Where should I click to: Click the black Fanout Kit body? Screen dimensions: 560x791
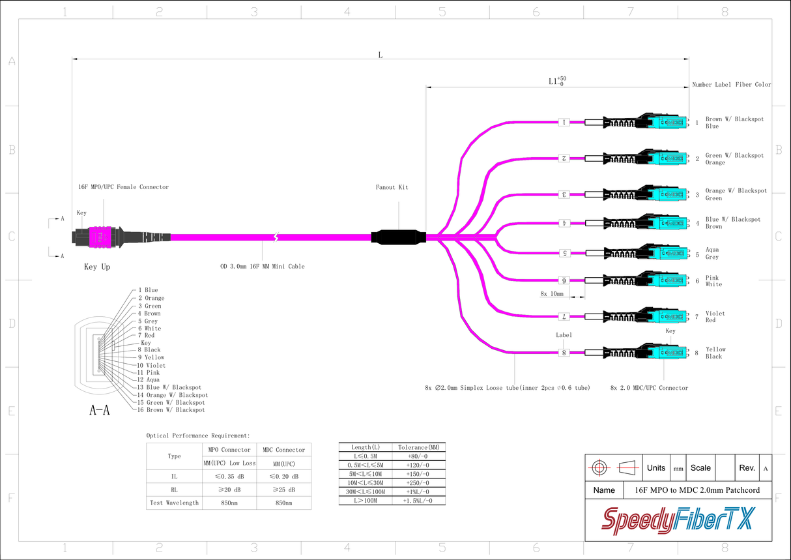398,237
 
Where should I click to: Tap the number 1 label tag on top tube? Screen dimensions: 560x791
564,122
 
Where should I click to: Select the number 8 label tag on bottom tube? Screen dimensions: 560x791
564,353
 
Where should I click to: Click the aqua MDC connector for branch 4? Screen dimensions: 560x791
669,223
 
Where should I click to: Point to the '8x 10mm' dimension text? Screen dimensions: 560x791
552,294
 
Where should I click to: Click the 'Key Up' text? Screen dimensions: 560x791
97,267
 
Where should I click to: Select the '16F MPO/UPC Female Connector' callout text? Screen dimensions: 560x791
122,187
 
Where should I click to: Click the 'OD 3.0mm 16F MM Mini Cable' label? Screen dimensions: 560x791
262,266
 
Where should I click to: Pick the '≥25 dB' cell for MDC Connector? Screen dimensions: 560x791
283,490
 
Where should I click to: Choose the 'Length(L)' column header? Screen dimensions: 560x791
365,447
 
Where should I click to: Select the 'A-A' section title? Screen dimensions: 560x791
99,411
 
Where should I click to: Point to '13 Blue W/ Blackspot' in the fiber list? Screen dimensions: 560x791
169,387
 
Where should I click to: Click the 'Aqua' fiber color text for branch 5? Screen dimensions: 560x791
712,250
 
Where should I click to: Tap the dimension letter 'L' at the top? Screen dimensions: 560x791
381,55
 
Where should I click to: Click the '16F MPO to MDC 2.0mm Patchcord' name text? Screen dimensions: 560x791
697,490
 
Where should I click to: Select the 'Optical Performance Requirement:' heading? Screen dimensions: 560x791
198,435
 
